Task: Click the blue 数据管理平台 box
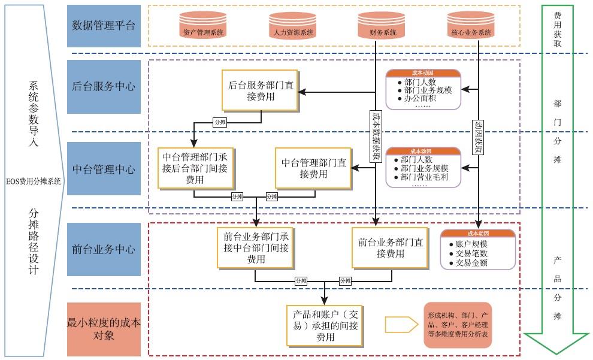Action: (x=104, y=26)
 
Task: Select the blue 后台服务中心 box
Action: (x=104, y=86)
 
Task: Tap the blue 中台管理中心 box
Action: (x=104, y=168)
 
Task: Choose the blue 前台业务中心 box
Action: (x=104, y=249)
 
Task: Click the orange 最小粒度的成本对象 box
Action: (x=104, y=329)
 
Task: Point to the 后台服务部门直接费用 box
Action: (x=261, y=90)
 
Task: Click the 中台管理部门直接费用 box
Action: (x=314, y=168)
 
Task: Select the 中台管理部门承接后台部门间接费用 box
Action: (x=195, y=168)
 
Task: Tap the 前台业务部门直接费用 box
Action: (x=391, y=248)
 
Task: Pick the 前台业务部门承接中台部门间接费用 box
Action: (x=256, y=248)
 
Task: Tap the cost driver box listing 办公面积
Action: (x=423, y=89)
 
